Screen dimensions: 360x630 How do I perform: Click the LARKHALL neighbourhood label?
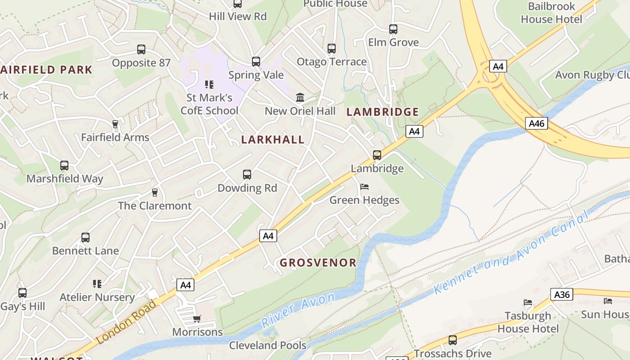[x=273, y=139]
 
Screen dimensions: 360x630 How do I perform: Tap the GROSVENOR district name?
[x=318, y=262]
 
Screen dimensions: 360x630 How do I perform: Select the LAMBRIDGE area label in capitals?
[x=382, y=112]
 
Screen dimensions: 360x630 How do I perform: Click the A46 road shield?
[x=536, y=123]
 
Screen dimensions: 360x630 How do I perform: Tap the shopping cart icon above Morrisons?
[x=197, y=319]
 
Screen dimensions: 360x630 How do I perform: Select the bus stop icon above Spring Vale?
[x=256, y=62]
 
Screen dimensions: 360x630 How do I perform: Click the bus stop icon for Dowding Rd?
[x=247, y=175]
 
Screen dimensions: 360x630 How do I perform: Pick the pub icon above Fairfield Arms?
[x=115, y=124]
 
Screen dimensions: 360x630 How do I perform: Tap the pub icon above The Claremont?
[x=155, y=193]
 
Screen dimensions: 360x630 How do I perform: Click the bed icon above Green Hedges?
[x=364, y=187]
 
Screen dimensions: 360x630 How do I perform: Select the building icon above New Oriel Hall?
[x=300, y=98]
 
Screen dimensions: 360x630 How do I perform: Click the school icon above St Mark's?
[x=209, y=85]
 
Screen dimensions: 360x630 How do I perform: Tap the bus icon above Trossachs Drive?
[x=452, y=340]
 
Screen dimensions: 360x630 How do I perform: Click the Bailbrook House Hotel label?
[x=551, y=13]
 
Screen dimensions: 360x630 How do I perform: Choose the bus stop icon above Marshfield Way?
[x=64, y=166]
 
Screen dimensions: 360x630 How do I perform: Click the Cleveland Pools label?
[x=267, y=345]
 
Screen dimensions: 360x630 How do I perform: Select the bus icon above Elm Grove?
[x=393, y=29]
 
